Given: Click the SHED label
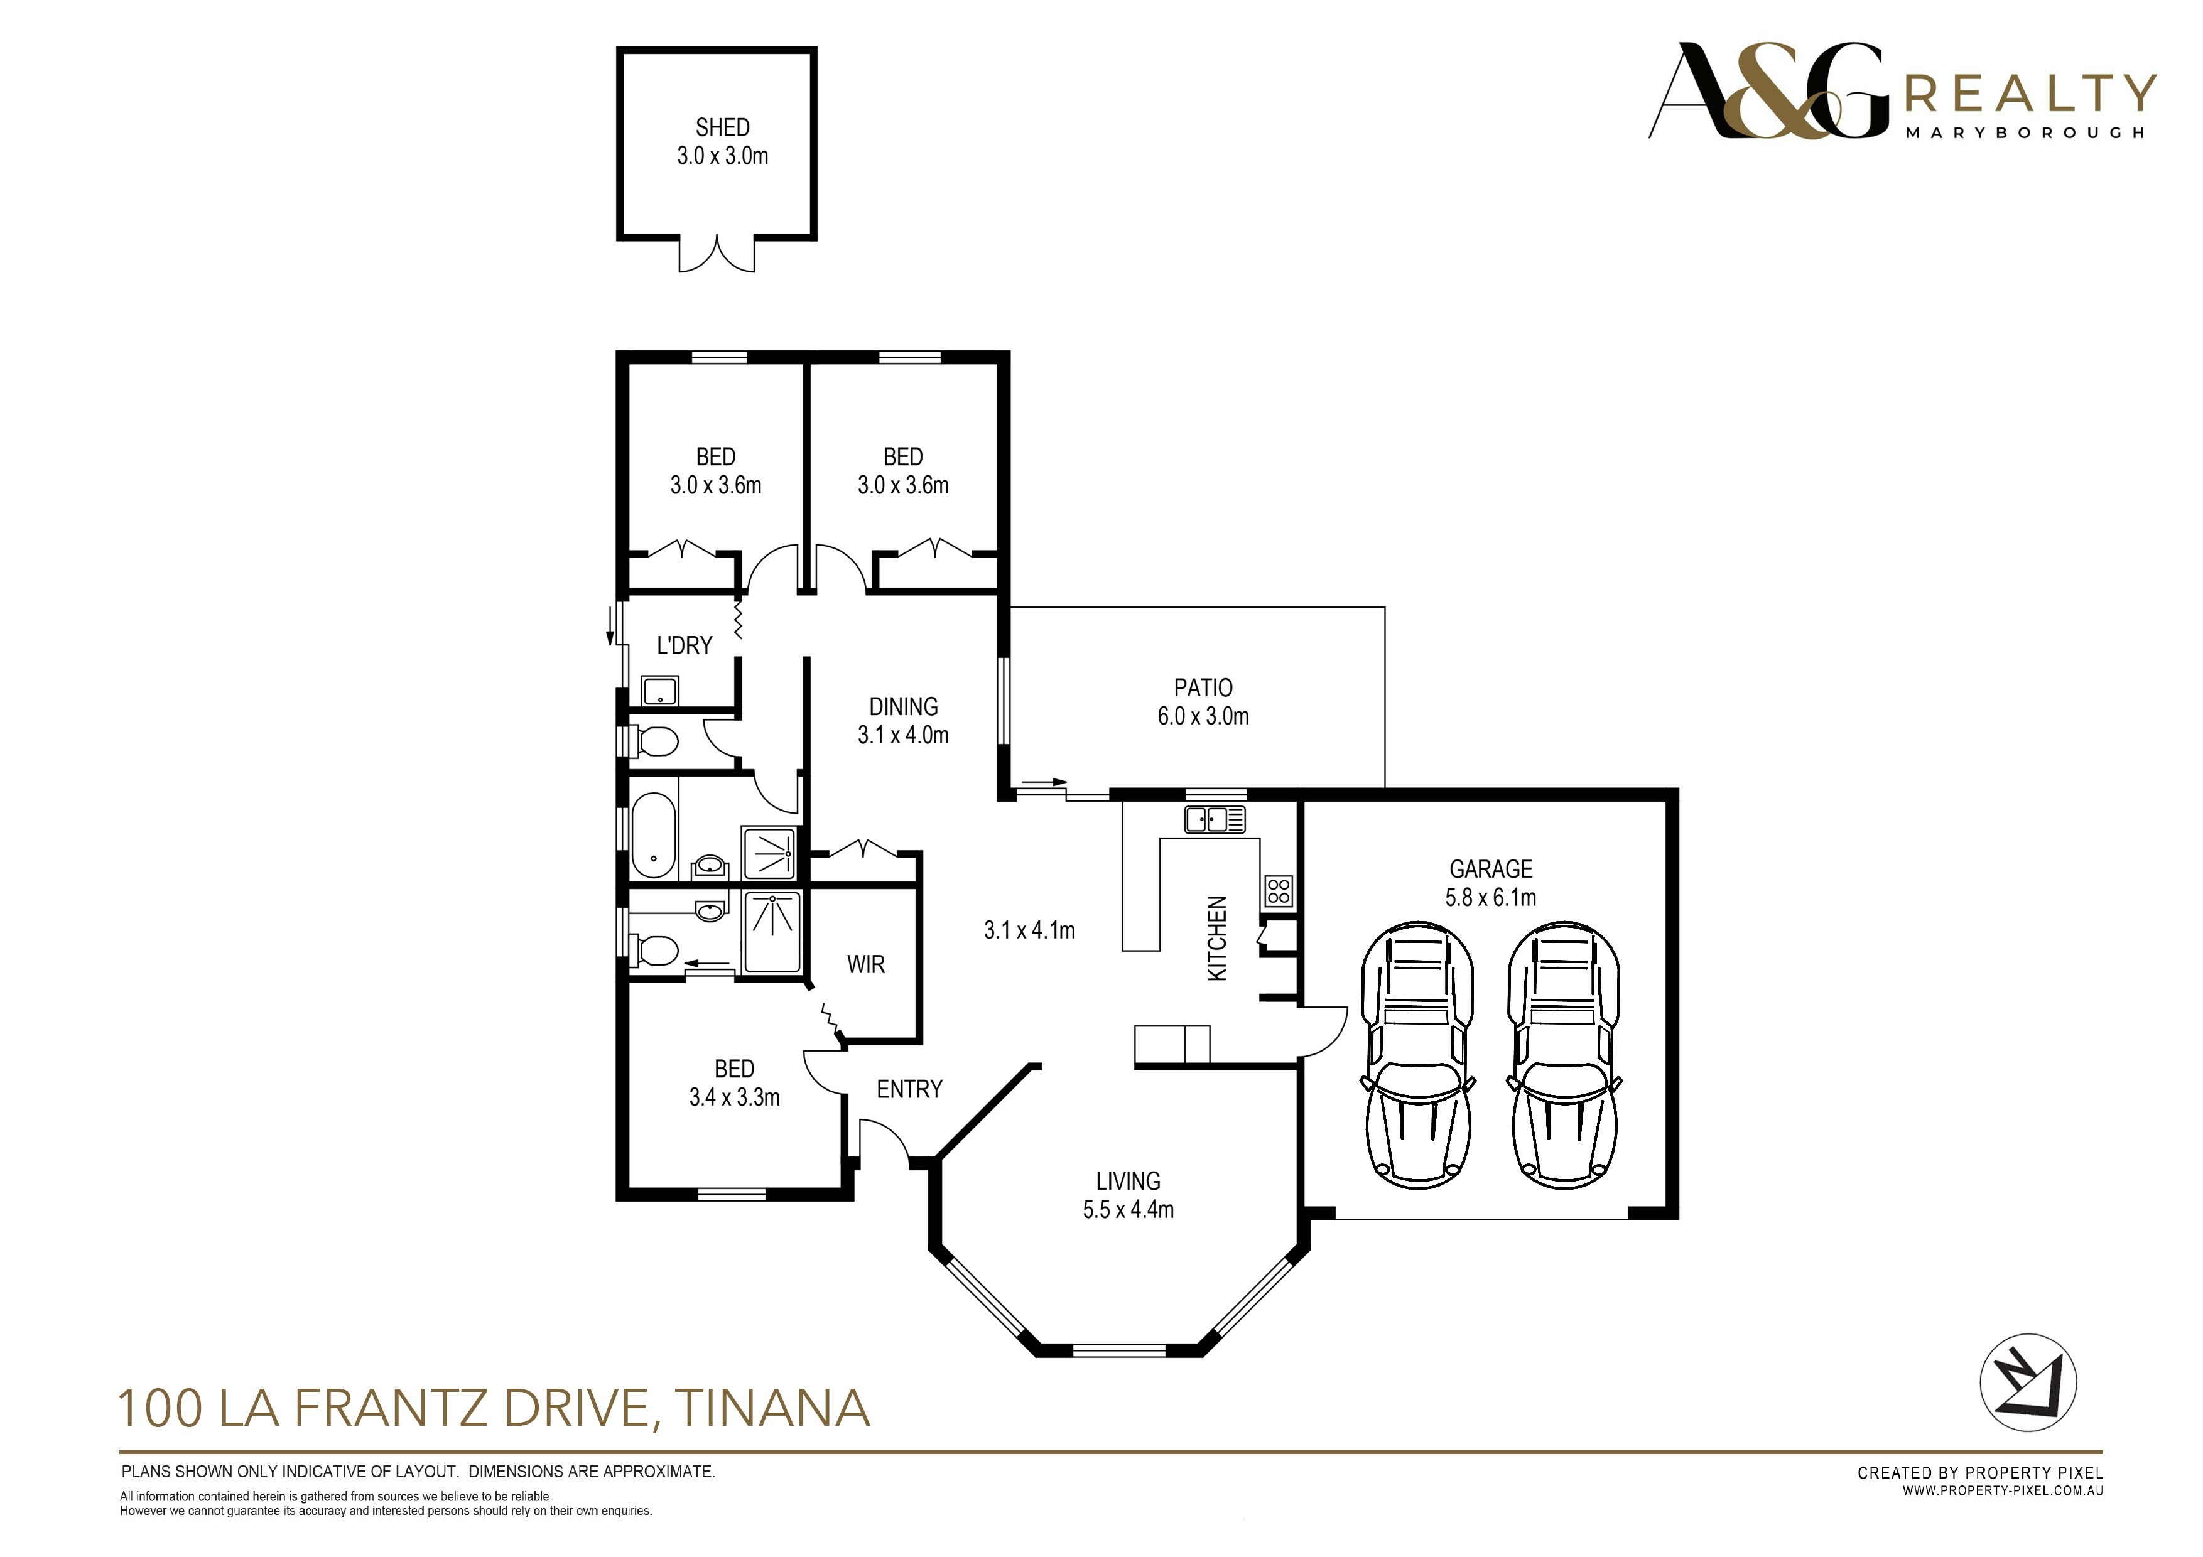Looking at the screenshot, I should click(x=722, y=127).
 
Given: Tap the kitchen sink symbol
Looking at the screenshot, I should click(x=1215, y=819).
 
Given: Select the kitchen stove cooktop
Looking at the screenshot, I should click(x=1278, y=890).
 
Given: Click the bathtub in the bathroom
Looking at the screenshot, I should click(x=653, y=834).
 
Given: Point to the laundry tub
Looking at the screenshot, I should click(x=660, y=691).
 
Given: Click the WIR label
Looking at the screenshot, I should click(x=865, y=964).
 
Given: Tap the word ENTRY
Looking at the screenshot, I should click(x=909, y=1089).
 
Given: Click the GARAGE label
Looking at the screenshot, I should click(x=1490, y=868).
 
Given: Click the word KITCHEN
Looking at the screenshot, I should click(x=1216, y=938).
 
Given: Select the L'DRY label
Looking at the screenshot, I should click(x=684, y=645).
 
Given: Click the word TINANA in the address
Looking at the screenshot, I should click(x=772, y=1408).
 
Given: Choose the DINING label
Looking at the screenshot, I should click(x=903, y=706).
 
